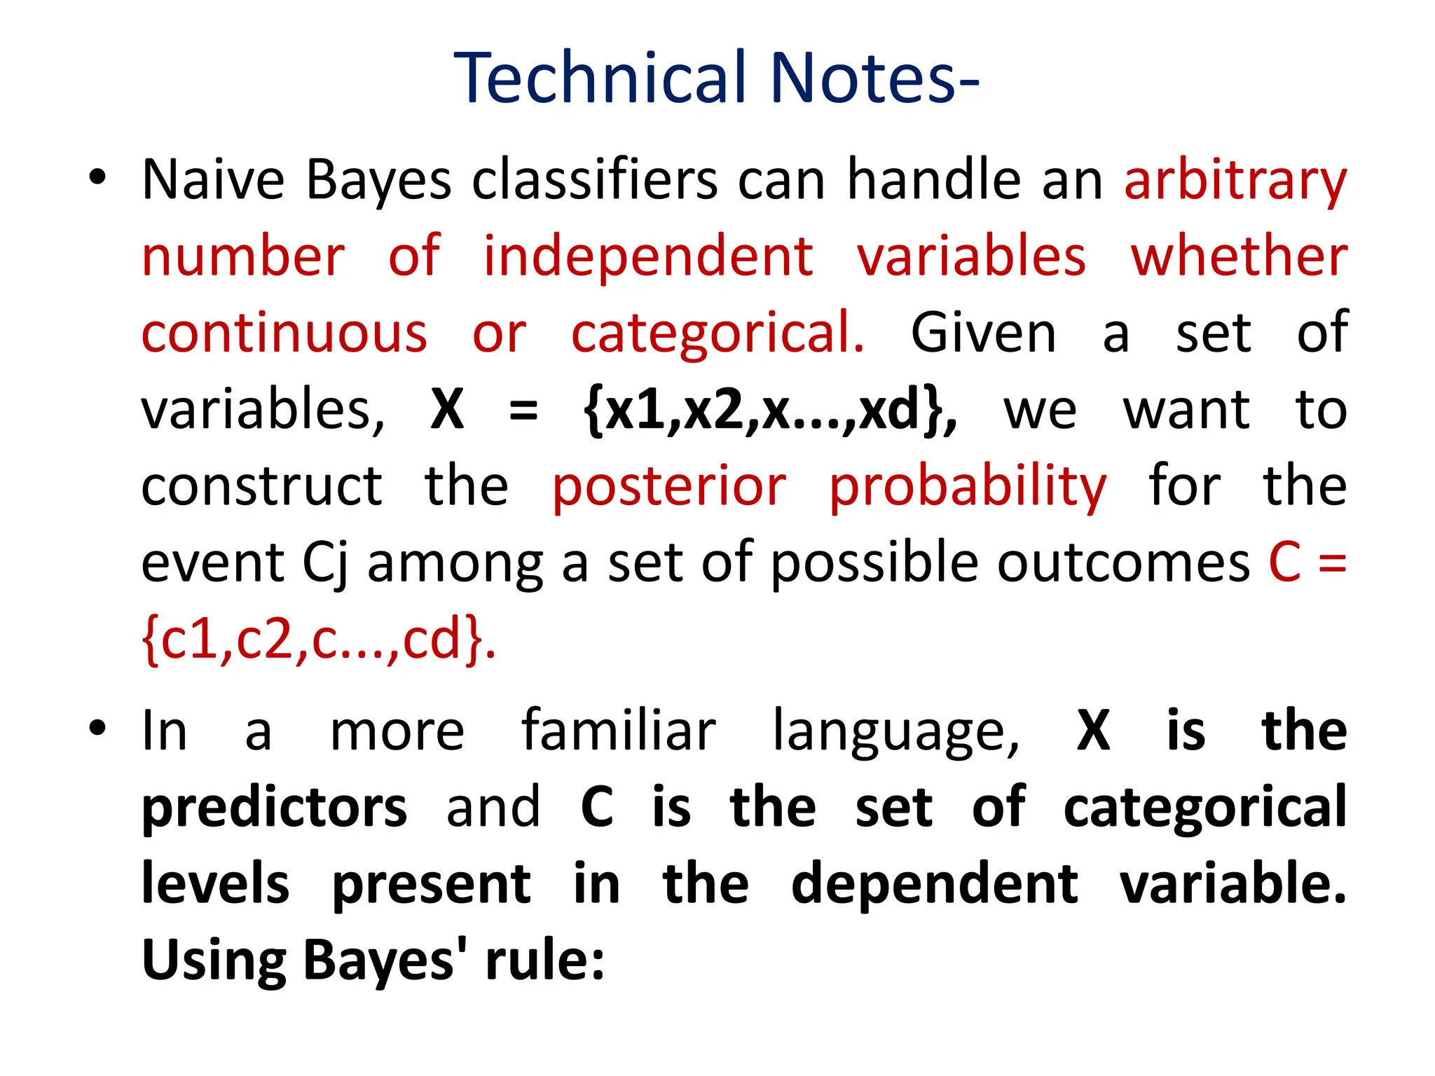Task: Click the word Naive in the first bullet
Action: tap(213, 180)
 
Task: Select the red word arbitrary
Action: tap(1235, 181)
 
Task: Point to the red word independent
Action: tap(648, 256)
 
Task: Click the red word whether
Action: tap(1239, 256)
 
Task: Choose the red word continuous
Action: tap(284, 333)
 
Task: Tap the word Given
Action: tap(983, 333)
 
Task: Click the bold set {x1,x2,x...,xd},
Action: tap(769, 410)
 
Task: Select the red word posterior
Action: tap(669, 486)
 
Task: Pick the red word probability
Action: tap(968, 488)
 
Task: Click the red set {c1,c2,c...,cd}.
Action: tap(319, 639)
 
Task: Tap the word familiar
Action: tap(619, 731)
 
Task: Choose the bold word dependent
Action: tap(934, 884)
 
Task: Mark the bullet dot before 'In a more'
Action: tap(97, 728)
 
